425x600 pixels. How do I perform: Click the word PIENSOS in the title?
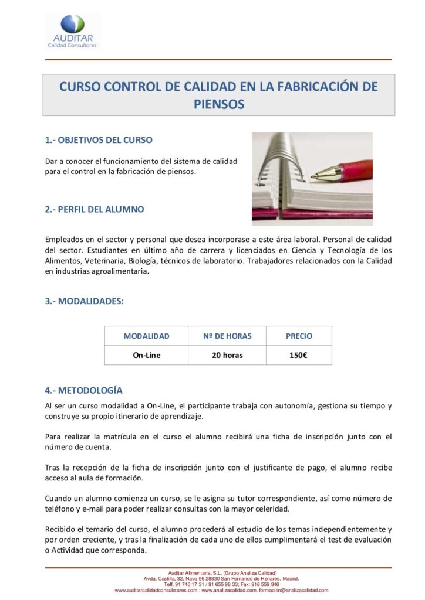coord(218,104)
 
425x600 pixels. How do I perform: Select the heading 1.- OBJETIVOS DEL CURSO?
coord(99,140)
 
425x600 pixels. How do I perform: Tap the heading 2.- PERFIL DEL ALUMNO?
coord(95,209)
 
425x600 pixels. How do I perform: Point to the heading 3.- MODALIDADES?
coord(85,301)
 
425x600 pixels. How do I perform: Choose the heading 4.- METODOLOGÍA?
coord(84,390)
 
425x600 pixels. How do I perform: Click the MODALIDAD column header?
coord(146,336)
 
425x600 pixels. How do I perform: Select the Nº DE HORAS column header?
coord(227,336)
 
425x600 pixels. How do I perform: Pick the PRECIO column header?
coord(299,336)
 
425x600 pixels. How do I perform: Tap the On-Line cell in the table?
coord(146,355)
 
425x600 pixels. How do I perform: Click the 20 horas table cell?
coord(227,355)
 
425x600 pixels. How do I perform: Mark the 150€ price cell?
coord(299,355)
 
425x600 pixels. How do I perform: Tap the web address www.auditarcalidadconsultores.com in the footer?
coord(157,590)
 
